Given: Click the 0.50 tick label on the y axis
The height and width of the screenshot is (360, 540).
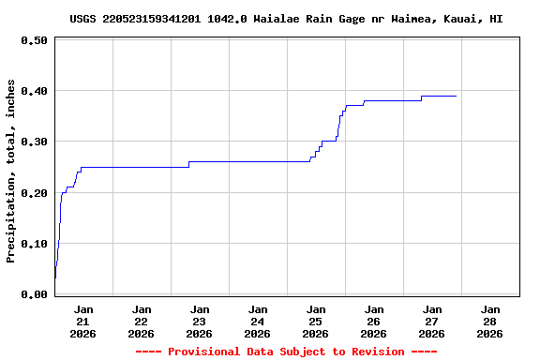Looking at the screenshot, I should coord(34,40).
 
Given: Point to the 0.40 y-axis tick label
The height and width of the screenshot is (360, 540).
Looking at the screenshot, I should coord(34,91).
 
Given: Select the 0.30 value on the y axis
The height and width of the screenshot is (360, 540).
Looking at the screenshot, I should coord(34,142).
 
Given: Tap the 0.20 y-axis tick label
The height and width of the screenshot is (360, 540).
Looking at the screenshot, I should coord(34,193).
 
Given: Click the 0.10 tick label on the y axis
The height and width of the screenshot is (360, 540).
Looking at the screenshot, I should coord(34,244).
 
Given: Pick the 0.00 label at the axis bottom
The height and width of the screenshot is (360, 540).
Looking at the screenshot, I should coord(34,294).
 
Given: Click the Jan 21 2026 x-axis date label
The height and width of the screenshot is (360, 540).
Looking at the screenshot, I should coord(83,321).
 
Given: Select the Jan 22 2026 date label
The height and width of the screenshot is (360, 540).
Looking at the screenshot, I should coord(142,321).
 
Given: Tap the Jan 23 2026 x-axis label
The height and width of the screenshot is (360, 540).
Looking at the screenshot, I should coord(200,321).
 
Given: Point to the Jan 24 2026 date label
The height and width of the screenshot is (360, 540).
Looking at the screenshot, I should coord(258,321).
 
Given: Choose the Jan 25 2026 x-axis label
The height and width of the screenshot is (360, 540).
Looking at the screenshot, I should coord(316,321).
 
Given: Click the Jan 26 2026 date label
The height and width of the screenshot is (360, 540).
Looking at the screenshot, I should coord(374,321).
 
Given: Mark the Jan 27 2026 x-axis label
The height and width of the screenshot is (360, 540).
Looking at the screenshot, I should coord(432,321).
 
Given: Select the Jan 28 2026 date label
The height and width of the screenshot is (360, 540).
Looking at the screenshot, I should coord(489,321).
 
